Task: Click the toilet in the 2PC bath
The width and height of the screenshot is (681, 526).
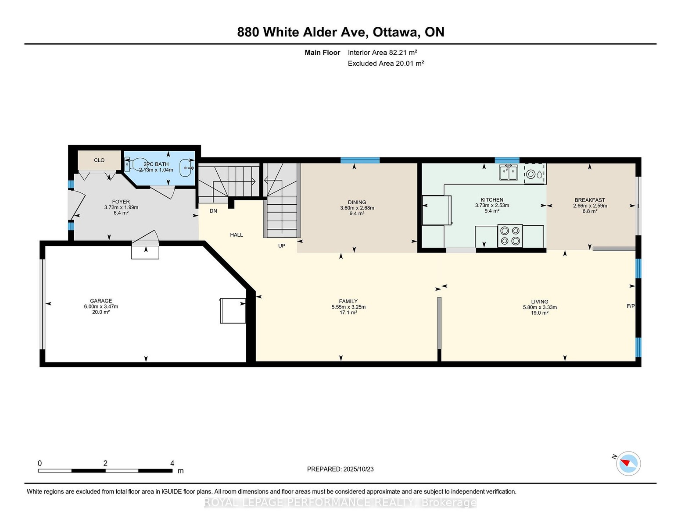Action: (x=133, y=165)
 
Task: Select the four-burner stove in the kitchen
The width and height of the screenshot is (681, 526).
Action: (x=510, y=236)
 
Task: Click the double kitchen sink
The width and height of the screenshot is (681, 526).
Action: (x=508, y=173)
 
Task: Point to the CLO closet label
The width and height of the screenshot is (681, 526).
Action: (x=99, y=160)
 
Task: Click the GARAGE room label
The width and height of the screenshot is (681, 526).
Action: (x=101, y=301)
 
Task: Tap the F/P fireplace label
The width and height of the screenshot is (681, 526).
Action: (x=631, y=306)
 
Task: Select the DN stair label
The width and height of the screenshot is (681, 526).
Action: (x=213, y=211)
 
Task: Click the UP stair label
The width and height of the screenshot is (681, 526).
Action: (x=282, y=246)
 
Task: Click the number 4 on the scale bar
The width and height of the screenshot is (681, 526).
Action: (x=172, y=463)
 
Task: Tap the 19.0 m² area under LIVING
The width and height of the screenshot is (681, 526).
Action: (x=540, y=313)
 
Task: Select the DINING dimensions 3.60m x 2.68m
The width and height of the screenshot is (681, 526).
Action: (x=357, y=208)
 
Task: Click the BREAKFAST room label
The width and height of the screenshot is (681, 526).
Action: (x=590, y=200)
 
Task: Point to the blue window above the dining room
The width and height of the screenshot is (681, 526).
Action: (x=360, y=160)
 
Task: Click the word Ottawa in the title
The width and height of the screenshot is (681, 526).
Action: (x=396, y=32)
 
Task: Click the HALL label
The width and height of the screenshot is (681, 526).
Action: (x=237, y=235)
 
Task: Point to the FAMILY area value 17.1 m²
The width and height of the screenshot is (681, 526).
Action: (x=348, y=313)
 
